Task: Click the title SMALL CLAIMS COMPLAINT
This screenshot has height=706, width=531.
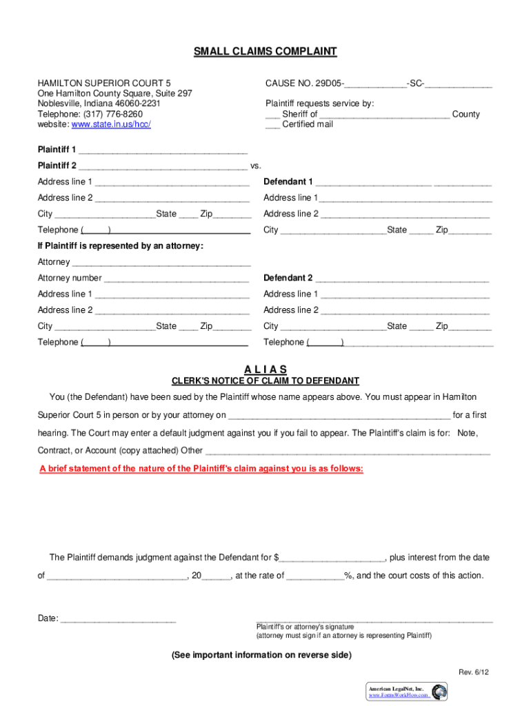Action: point(265,52)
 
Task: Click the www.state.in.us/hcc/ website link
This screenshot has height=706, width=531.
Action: point(111,125)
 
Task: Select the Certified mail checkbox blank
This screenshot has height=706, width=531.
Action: point(272,125)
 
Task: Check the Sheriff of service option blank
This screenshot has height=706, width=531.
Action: point(272,114)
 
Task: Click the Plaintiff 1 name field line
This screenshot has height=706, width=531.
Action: point(163,150)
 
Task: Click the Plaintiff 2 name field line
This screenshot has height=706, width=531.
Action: point(163,166)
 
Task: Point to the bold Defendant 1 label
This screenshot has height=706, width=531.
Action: point(288,182)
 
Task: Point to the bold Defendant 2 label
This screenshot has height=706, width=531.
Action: point(288,279)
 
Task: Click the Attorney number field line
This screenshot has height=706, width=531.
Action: point(177,279)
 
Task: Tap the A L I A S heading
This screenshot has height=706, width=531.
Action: point(265,370)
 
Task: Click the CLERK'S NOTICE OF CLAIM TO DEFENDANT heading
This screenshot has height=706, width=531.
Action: point(265,381)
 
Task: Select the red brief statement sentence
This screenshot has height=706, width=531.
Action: point(201,469)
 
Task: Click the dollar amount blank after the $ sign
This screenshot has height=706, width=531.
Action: point(332,558)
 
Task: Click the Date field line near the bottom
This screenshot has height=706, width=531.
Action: point(118,618)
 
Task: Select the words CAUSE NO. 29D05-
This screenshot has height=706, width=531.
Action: point(305,84)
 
